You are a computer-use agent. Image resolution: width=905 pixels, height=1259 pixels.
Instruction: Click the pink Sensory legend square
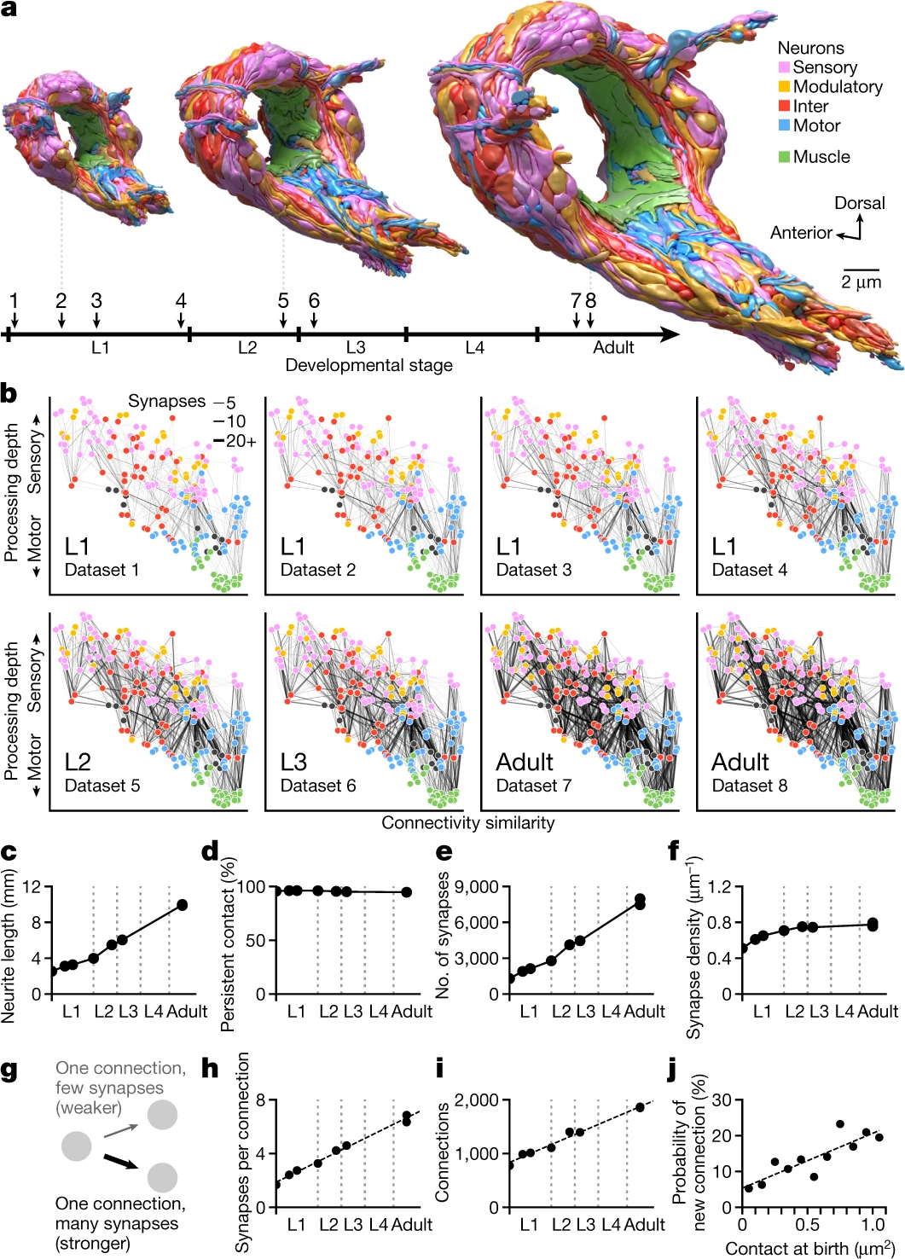[784, 67]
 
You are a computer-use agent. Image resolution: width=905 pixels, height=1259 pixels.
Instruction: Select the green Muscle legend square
[784, 157]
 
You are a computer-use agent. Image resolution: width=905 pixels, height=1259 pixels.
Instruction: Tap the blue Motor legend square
[784, 125]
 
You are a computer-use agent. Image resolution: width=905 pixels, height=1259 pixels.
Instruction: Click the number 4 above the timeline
[181, 301]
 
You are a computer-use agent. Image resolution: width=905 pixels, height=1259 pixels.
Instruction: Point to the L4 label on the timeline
[475, 348]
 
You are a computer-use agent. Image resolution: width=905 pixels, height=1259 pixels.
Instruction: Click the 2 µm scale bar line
[861, 270]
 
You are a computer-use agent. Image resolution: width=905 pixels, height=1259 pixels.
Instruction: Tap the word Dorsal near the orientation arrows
[859, 203]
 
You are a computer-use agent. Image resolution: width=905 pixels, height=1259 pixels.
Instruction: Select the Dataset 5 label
[102, 785]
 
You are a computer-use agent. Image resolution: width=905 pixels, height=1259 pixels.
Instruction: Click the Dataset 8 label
[749, 785]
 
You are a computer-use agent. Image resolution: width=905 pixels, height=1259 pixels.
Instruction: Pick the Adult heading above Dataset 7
[525, 762]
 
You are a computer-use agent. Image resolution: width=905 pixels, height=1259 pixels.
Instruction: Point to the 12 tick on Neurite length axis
[32, 887]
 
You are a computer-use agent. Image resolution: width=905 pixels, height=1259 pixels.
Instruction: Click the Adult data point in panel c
[183, 905]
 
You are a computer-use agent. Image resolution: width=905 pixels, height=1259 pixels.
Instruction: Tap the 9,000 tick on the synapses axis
[477, 887]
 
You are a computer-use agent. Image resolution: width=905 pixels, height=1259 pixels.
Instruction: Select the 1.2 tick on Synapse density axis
[719, 887]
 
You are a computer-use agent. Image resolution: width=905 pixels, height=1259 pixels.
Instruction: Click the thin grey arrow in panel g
[120, 1130]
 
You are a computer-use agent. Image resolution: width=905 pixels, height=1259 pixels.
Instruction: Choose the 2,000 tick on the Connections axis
[477, 1100]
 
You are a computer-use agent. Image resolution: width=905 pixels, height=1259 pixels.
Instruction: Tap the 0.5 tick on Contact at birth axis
[808, 1225]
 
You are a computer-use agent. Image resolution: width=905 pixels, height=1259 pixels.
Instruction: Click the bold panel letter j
[673, 1069]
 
